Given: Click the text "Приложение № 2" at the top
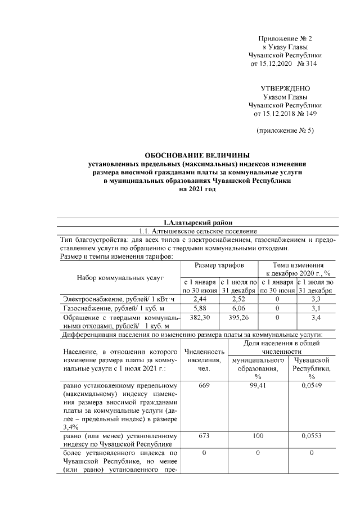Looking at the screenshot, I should pos(285,38).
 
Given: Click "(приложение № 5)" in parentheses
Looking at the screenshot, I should pos(285,131).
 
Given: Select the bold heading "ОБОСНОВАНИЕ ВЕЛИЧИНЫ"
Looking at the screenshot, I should pos(197,155).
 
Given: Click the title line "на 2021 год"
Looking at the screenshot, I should pos(197,190).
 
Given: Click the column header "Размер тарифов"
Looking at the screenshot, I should pos(219,265).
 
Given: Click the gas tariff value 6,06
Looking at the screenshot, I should pos(238,308).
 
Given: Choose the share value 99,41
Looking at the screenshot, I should pos(258,386).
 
